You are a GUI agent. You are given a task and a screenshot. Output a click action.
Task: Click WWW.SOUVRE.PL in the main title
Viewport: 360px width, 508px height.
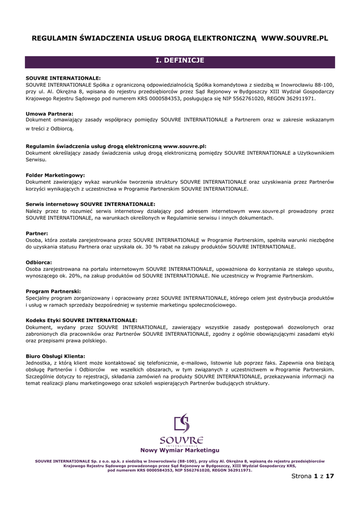pyautogui.click(x=294, y=38)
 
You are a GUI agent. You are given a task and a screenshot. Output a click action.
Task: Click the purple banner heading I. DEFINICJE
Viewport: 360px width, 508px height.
pyautogui.click(x=180, y=61)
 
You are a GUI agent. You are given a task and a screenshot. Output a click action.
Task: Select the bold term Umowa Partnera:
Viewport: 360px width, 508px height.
pyautogui.click(x=49, y=114)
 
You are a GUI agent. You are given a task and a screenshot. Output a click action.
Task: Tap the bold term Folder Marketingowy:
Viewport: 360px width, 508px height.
pyautogui.click(x=55, y=175)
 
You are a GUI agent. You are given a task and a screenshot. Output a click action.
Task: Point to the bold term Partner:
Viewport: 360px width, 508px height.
pyautogui.click(x=37, y=233)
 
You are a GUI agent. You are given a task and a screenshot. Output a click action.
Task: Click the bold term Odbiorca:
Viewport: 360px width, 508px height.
pyautogui.click(x=39, y=262)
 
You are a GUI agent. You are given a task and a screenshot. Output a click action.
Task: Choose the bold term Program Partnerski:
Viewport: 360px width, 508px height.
pyautogui.click(x=53, y=291)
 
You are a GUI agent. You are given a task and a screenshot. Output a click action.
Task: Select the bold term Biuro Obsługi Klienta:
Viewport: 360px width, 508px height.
pyautogui.click(x=55, y=356)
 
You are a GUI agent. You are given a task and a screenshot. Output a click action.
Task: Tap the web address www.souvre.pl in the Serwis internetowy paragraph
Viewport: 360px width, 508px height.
pyautogui.click(x=267, y=211)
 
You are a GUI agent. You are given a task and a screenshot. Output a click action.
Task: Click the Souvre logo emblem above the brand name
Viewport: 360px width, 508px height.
pyautogui.click(x=181, y=423)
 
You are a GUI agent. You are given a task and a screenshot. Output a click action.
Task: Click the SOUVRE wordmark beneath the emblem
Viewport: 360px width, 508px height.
pyautogui.click(x=181, y=440)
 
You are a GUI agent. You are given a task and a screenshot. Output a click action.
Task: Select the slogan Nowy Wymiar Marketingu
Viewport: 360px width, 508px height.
pyautogui.click(x=180, y=450)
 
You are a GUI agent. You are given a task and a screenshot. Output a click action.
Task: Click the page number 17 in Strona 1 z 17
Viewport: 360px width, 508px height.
pyautogui.click(x=330, y=476)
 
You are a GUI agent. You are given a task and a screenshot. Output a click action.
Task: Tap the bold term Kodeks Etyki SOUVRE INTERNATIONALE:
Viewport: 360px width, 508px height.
pyautogui.click(x=81, y=320)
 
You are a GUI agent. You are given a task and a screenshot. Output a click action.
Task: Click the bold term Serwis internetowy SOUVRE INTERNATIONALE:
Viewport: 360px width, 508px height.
pyautogui.click(x=90, y=204)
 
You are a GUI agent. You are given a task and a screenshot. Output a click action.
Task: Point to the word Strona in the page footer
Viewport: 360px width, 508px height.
pyautogui.click(x=301, y=476)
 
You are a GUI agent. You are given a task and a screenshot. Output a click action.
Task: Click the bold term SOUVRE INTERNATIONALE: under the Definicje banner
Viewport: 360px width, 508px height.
pyautogui.click(x=63, y=78)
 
